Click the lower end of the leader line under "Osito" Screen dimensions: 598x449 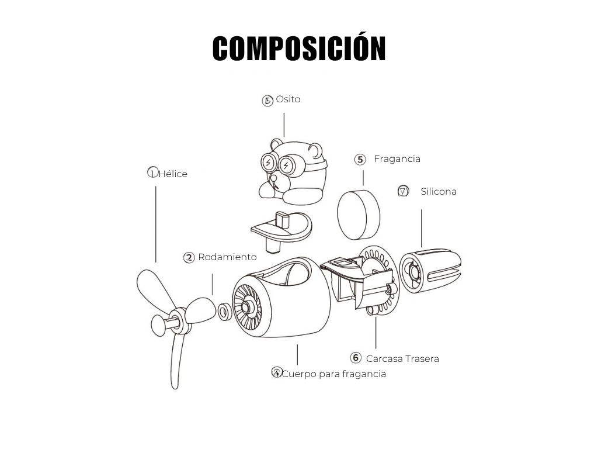284,137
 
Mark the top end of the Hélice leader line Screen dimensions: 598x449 155,186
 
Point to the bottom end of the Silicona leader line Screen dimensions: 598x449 422,247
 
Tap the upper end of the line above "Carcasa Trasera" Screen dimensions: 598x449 376,317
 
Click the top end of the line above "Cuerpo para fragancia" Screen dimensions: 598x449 297,345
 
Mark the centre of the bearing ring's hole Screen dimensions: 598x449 225,311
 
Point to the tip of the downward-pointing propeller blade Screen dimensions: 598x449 175,388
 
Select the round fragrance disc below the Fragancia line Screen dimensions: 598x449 359,215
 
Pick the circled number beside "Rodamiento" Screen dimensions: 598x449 189,258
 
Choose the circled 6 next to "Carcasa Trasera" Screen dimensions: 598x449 356,358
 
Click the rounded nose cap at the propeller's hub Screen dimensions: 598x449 159,325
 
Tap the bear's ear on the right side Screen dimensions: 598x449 315,149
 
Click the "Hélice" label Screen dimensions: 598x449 173,174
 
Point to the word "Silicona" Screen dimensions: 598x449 439,191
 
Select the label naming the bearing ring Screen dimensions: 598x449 227,257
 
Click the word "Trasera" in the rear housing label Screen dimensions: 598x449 422,358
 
